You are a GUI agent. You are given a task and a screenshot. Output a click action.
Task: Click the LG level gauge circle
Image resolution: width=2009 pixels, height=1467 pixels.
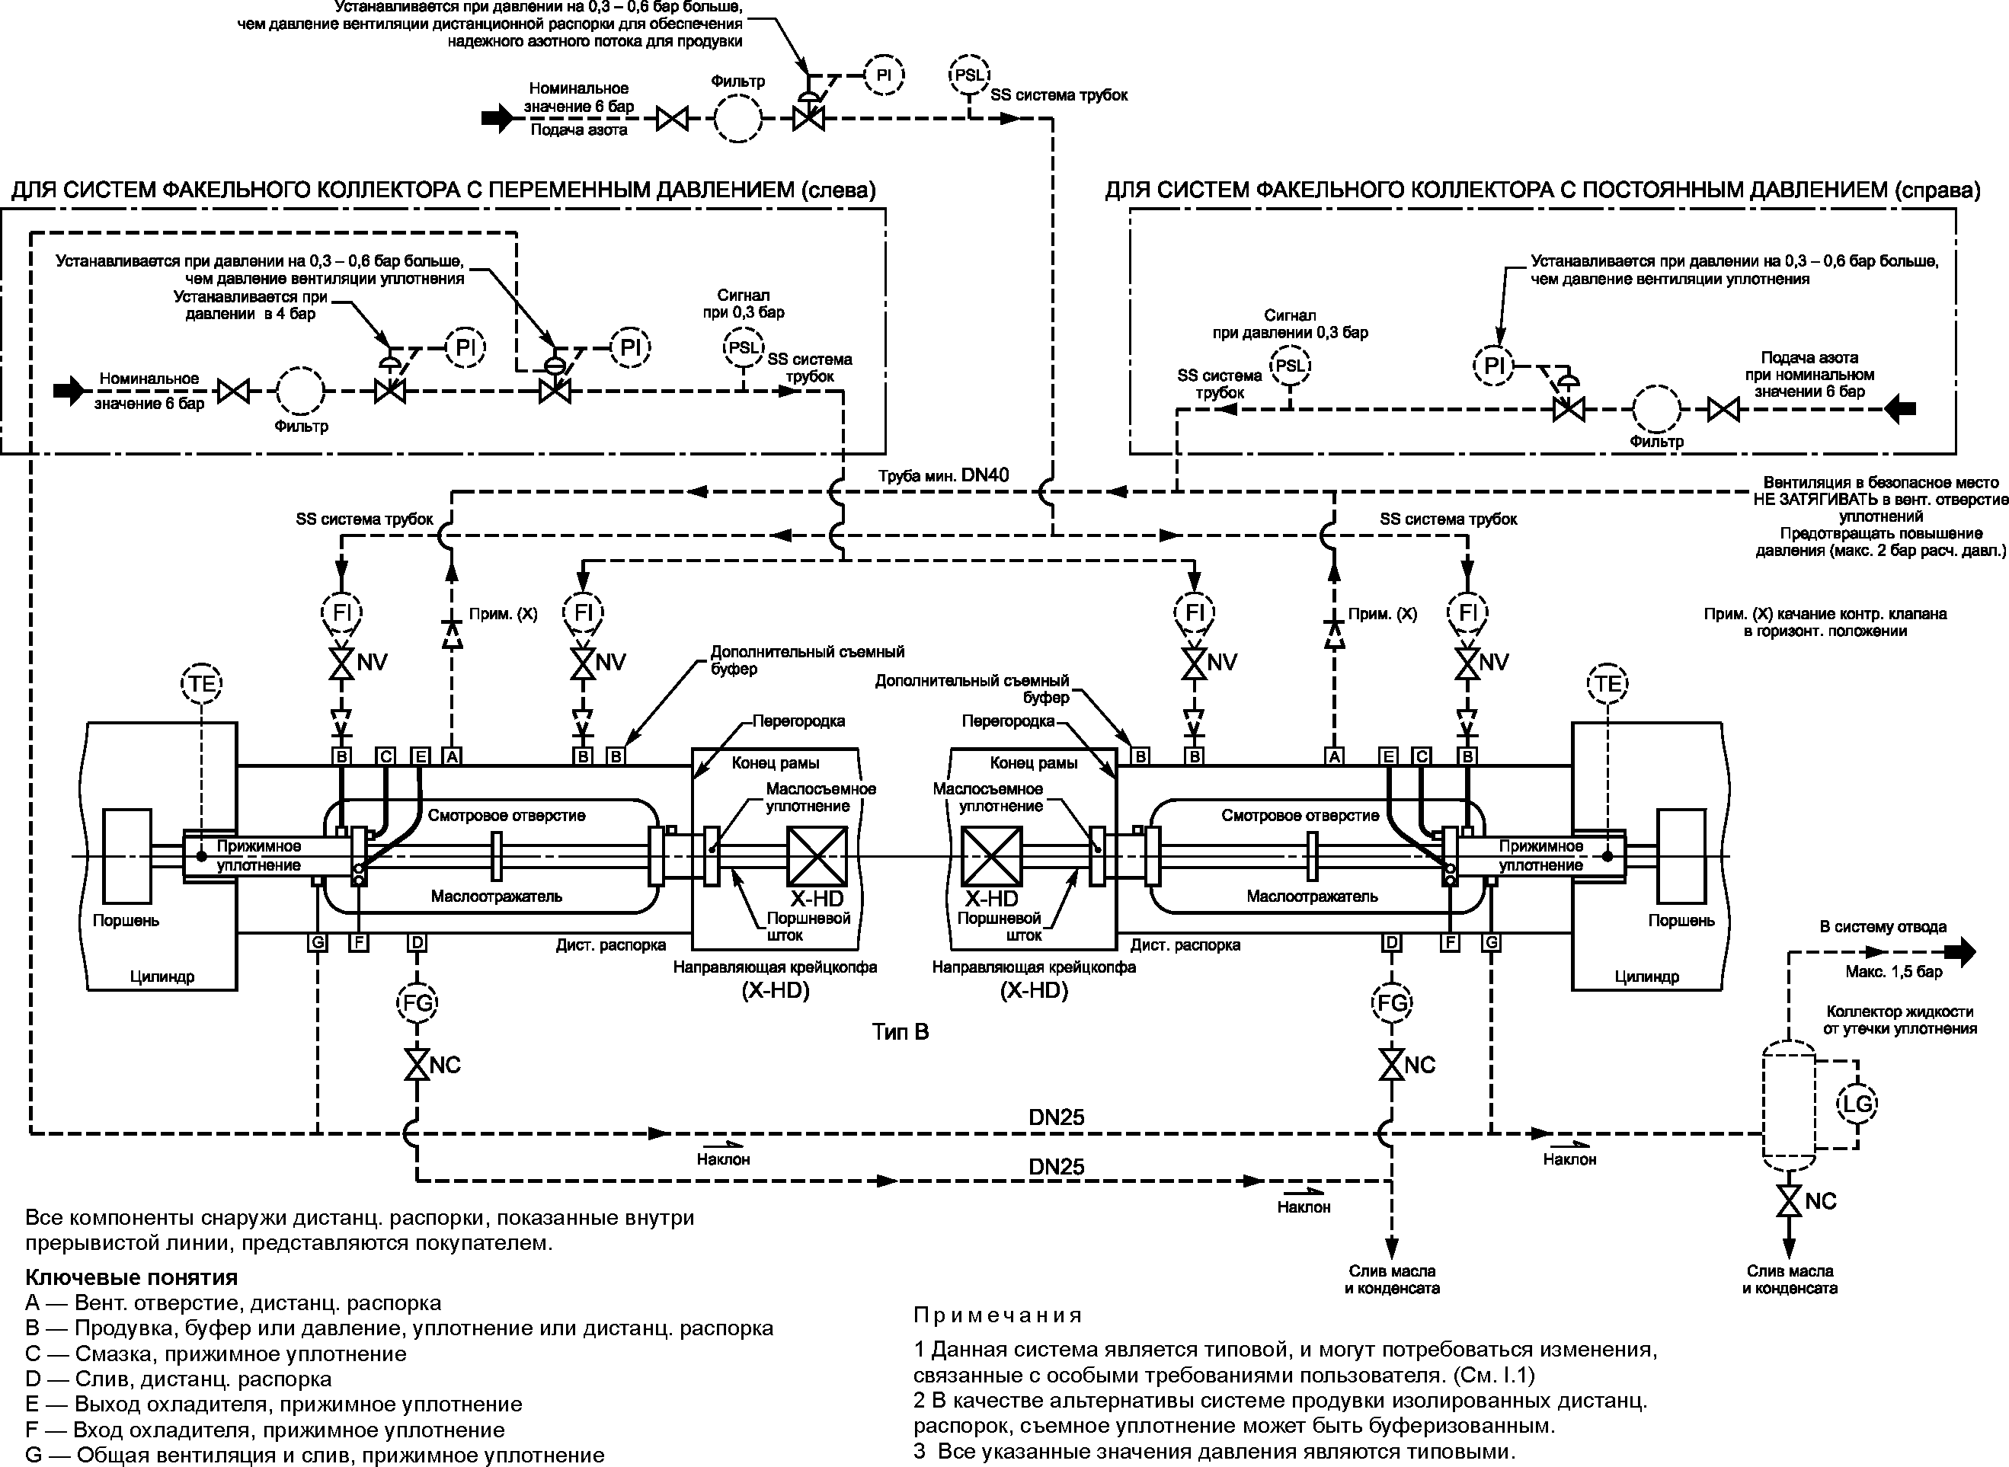click(1857, 1104)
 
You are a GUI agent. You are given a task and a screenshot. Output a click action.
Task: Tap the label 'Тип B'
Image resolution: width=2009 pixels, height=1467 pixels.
click(901, 1032)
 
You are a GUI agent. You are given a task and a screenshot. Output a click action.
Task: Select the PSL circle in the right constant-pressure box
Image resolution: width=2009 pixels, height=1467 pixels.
click(1290, 366)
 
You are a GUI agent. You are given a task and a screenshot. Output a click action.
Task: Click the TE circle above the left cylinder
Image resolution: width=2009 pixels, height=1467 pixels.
click(202, 683)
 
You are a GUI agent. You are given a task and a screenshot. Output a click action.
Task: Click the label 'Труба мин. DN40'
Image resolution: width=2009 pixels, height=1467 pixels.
click(943, 475)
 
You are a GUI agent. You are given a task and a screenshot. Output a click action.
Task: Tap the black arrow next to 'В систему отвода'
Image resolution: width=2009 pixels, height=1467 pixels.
click(1961, 952)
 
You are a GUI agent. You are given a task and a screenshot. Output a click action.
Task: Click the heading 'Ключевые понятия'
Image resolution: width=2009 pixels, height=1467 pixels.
click(132, 1277)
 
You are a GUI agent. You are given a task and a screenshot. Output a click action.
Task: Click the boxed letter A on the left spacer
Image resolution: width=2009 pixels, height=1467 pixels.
click(452, 756)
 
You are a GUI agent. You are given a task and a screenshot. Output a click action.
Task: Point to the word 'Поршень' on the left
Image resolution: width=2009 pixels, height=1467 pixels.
click(126, 920)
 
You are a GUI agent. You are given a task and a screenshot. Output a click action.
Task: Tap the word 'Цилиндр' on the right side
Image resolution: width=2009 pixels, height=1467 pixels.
click(1646, 976)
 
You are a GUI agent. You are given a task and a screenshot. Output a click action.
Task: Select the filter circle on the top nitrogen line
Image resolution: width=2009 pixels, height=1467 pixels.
click(737, 118)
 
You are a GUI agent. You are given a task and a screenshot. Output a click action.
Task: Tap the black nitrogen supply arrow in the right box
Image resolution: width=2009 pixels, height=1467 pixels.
click(1901, 409)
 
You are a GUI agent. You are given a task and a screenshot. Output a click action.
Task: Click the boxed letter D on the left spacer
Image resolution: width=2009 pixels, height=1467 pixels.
click(417, 942)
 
